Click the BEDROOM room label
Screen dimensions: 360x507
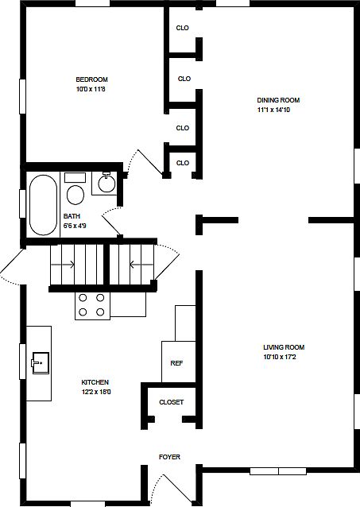tap(92, 79)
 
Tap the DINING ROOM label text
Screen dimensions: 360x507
tap(278, 100)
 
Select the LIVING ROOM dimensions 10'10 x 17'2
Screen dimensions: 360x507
tap(280, 358)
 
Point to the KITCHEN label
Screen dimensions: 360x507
tap(95, 382)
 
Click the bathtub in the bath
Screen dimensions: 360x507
tap(44, 205)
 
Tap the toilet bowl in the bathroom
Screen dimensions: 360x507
tap(75, 195)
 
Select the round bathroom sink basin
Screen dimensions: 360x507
tap(106, 184)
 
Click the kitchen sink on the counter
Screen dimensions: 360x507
tap(41, 363)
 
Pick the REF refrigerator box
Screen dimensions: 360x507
tap(179, 362)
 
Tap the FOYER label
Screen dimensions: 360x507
tap(169, 457)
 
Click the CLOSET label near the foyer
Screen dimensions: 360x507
tap(172, 402)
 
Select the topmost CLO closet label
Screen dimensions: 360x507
tap(183, 28)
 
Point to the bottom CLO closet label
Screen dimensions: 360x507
tap(183, 163)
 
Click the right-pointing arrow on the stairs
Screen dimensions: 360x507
tap(63, 265)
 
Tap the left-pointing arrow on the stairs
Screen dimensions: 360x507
tap(141, 265)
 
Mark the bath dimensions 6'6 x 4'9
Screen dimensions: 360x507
tap(75, 226)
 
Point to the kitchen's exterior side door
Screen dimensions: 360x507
tap(12, 265)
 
